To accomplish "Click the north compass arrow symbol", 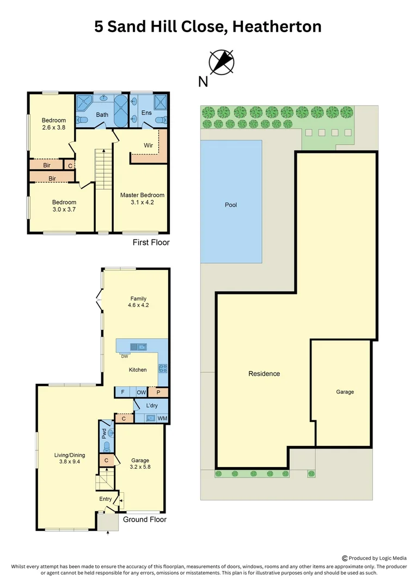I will point(222,62).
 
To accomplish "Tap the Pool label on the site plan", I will point(231,205).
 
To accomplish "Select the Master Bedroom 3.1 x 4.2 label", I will point(142,199).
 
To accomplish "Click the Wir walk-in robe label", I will point(148,145).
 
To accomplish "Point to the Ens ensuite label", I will point(146,113).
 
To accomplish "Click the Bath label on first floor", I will point(102,115).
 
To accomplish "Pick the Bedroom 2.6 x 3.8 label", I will point(54,124).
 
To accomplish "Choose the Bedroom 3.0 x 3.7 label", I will point(64,206).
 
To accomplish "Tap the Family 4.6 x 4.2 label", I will point(139,302).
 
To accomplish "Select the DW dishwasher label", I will point(125,357).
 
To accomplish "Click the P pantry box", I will point(158,392).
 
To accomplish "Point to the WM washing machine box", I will point(162,418).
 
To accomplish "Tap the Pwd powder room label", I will point(103,433).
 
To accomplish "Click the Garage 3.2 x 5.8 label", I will point(140,464).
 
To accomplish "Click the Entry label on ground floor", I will point(105,499).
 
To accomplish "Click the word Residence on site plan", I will point(264,373).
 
